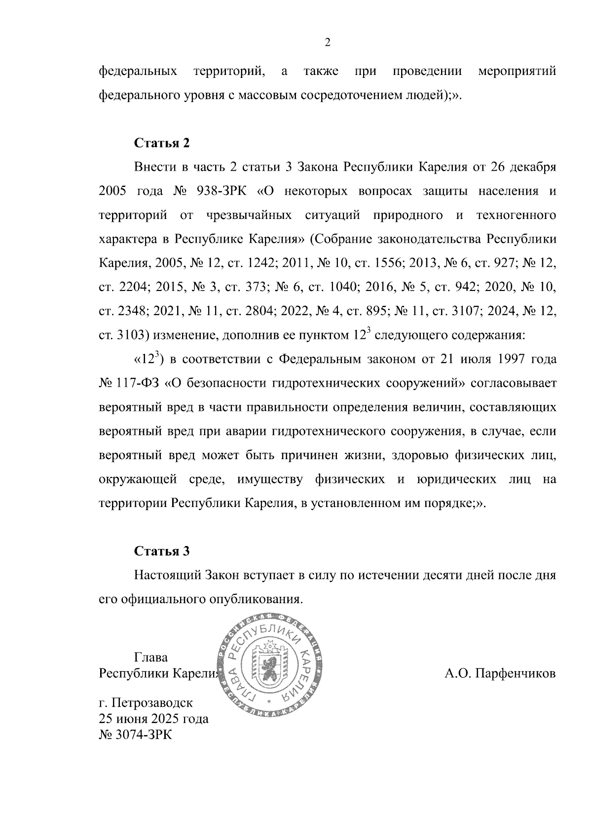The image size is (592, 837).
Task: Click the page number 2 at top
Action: pos(327,43)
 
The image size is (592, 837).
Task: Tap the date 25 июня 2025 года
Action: pos(153,719)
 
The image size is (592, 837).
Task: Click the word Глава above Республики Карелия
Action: pos(151,657)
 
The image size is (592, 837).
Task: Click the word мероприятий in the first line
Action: pos(517,72)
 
